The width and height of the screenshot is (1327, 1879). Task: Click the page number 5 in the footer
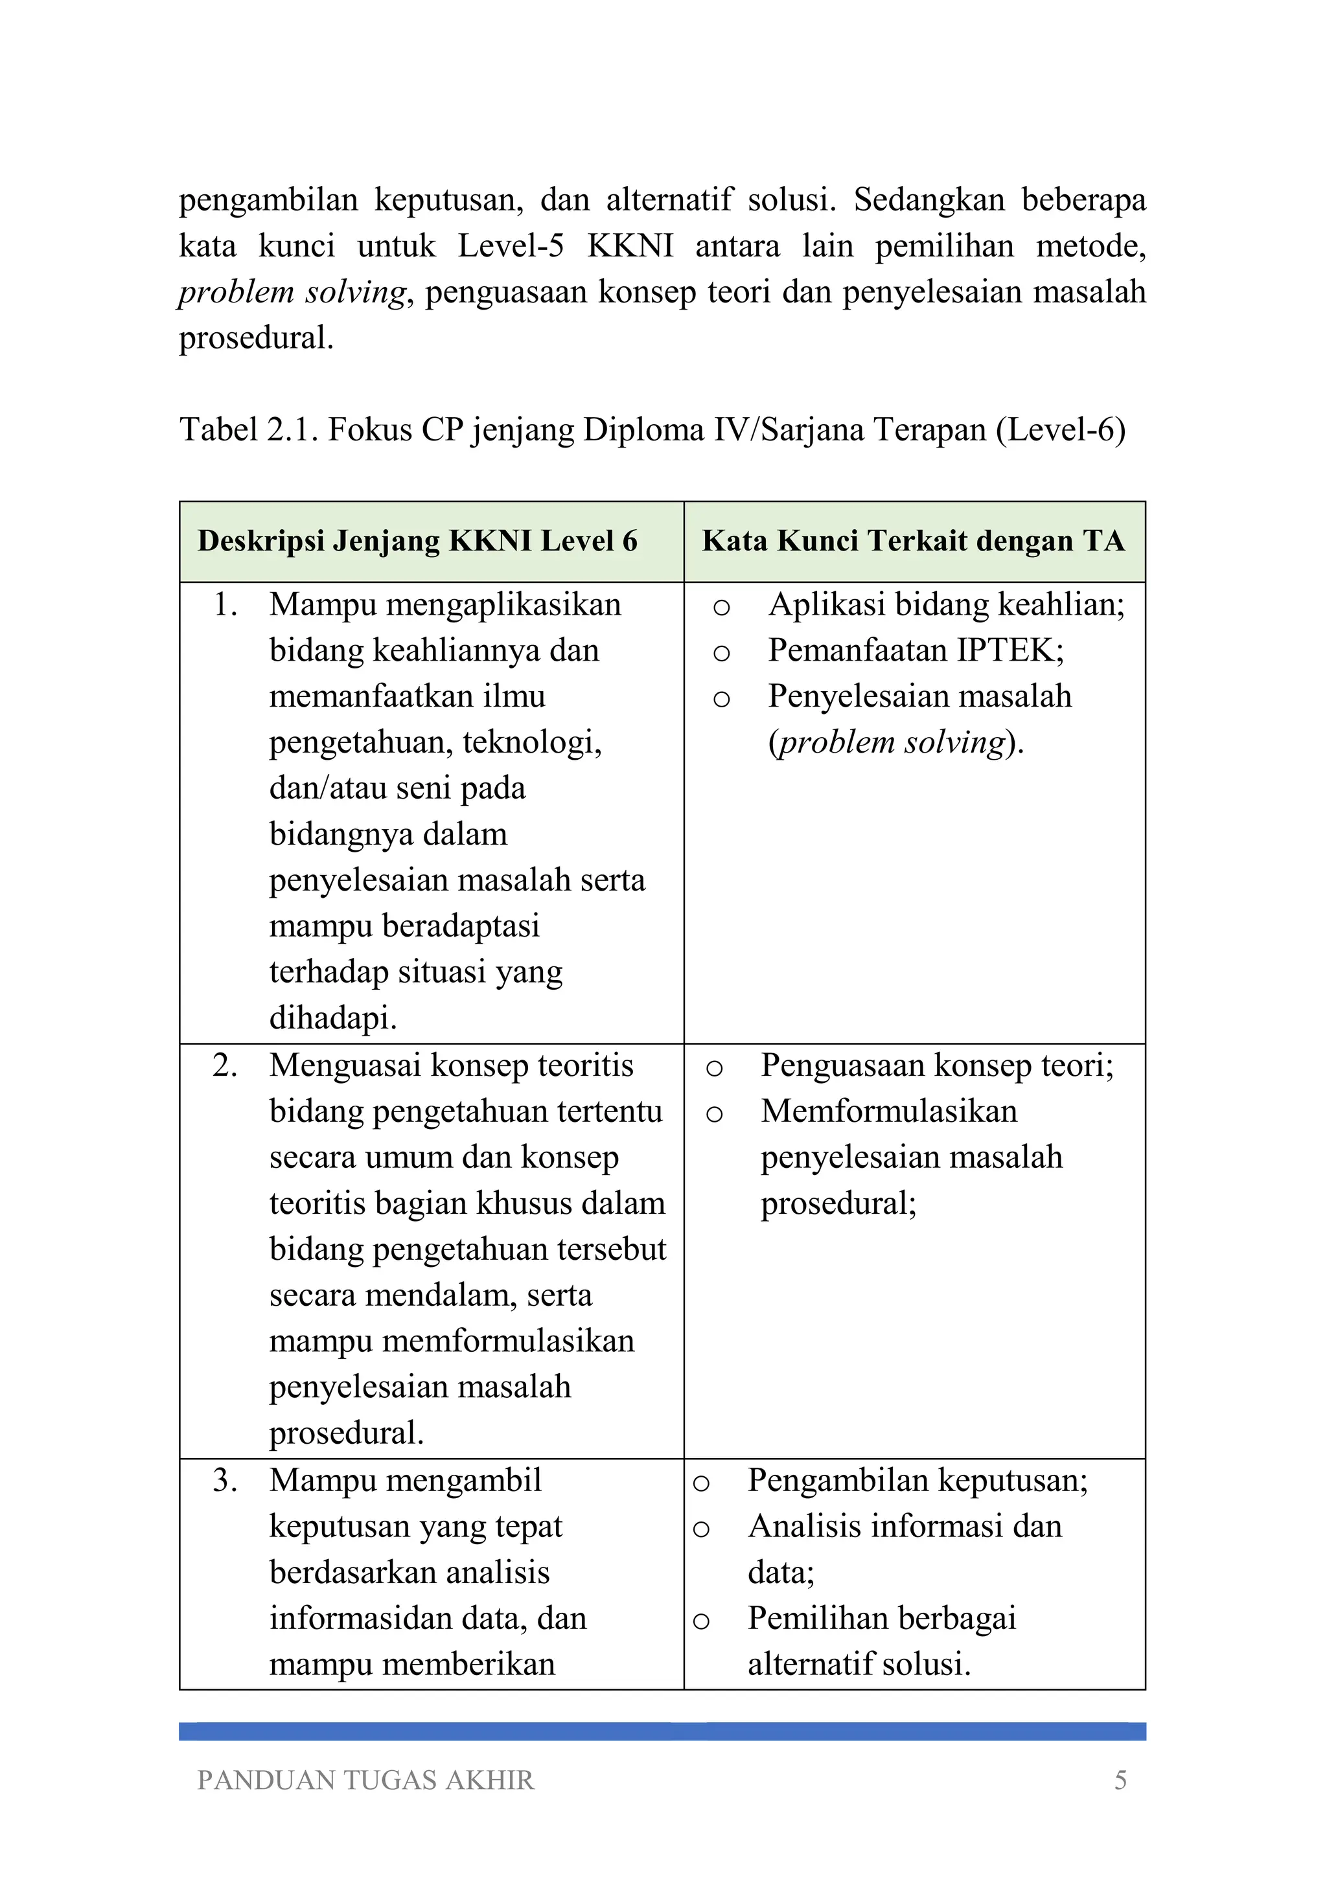tap(1120, 1780)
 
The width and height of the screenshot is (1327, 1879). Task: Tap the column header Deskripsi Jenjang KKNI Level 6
tap(417, 541)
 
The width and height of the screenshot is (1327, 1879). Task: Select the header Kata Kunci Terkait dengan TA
tap(914, 541)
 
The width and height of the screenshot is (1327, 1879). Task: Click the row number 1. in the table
tap(225, 605)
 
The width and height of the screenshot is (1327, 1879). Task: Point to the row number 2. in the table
tap(225, 1065)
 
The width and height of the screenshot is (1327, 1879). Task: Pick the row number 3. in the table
tap(225, 1481)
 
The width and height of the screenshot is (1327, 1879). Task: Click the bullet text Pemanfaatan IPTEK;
tap(916, 650)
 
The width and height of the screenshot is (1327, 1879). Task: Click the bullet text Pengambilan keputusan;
tap(917, 1481)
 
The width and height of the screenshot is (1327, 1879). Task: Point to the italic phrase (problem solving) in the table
tap(895, 742)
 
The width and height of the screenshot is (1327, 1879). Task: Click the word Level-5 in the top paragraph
tap(511, 245)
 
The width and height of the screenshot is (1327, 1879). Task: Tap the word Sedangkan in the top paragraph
tap(929, 199)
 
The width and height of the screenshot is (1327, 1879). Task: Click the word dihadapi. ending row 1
tap(333, 1018)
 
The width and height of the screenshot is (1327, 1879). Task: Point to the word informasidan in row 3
tap(357, 1618)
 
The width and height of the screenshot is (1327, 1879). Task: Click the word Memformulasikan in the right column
tap(889, 1111)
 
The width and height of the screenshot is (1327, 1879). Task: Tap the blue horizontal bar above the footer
tap(662, 1731)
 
